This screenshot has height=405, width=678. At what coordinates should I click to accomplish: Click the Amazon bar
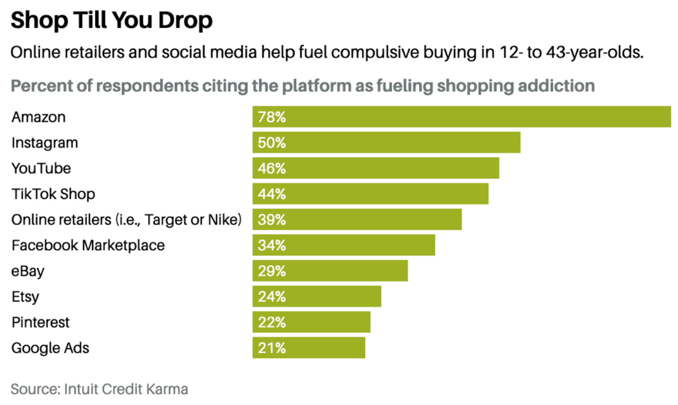(x=461, y=117)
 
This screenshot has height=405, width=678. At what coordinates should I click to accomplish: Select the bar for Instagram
(x=386, y=142)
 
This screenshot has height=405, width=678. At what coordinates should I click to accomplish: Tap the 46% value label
(x=272, y=169)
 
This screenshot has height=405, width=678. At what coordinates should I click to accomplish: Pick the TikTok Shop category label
(x=53, y=194)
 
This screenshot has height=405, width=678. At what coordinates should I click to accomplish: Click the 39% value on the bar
(x=272, y=220)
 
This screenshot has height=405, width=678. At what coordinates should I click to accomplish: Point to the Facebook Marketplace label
(x=88, y=245)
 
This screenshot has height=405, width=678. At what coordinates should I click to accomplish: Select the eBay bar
(x=330, y=271)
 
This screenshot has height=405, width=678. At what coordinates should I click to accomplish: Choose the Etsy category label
(x=25, y=297)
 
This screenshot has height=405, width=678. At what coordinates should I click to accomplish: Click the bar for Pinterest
(x=311, y=322)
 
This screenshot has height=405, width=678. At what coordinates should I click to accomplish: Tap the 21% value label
(x=272, y=348)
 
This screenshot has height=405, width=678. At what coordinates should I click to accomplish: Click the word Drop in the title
(x=185, y=21)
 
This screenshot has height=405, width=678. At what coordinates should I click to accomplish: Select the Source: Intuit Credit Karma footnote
(x=99, y=389)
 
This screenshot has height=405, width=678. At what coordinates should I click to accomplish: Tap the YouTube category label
(x=41, y=169)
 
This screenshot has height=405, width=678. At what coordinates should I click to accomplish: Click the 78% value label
(x=272, y=117)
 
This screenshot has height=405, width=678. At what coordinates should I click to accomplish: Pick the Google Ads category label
(x=50, y=348)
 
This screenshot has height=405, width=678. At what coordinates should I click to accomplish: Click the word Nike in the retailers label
(x=224, y=220)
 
